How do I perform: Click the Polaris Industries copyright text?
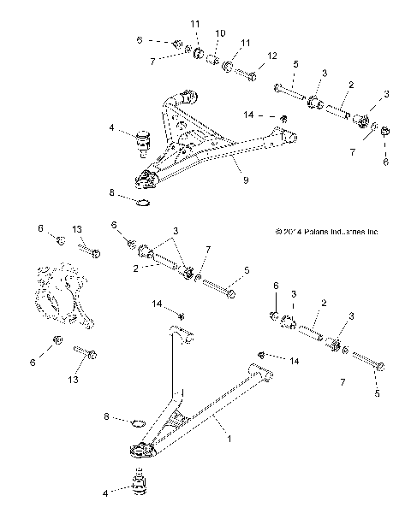click(x=326, y=231)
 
